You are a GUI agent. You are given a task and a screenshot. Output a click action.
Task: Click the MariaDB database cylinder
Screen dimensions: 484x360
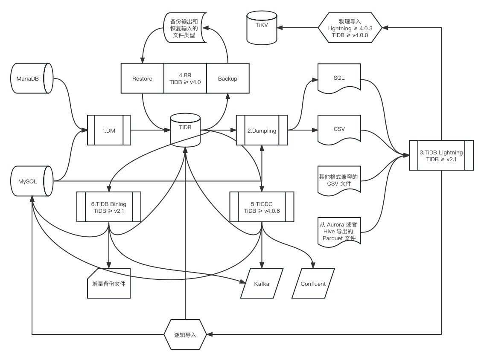[32, 78]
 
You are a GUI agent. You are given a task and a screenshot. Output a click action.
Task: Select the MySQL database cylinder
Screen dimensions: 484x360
[32, 181]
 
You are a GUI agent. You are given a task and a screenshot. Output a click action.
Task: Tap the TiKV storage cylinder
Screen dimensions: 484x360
[262, 28]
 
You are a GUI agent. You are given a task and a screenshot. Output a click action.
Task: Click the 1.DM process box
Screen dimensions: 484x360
[109, 130]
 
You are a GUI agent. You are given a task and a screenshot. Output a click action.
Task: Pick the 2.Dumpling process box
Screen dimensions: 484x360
[262, 130]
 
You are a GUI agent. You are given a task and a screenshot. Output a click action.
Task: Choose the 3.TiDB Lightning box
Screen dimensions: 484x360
[441, 156]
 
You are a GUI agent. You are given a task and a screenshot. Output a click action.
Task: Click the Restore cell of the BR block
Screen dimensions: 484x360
[142, 78]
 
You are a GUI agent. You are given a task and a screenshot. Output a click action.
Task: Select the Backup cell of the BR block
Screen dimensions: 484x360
[228, 78]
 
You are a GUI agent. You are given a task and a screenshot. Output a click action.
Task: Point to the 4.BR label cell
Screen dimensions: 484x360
[185, 78]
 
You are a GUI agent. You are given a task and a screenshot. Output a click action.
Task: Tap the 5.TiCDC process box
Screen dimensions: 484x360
[262, 207]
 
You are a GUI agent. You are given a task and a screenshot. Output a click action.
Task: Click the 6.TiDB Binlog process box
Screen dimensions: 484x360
[109, 207]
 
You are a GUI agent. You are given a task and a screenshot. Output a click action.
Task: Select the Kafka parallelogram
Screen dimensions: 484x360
[262, 283]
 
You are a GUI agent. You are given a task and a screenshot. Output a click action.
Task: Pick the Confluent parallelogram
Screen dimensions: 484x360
[313, 283]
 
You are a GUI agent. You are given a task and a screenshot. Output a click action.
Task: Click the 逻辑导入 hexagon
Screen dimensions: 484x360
[185, 334]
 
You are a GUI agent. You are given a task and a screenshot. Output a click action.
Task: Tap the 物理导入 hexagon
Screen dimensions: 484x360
[350, 28]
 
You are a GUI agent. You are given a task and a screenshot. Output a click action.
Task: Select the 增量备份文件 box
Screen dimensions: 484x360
[109, 283]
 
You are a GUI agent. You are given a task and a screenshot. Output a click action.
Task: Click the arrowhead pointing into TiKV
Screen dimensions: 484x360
[280, 28]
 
